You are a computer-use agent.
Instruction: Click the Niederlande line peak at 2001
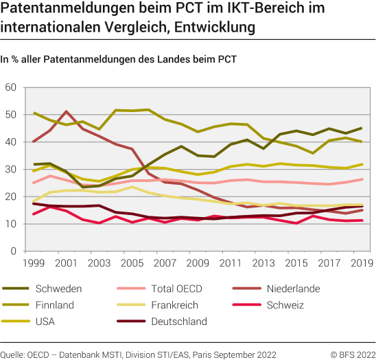67,111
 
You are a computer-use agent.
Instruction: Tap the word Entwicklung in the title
208,27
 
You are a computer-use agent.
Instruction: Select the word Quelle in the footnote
13,354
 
